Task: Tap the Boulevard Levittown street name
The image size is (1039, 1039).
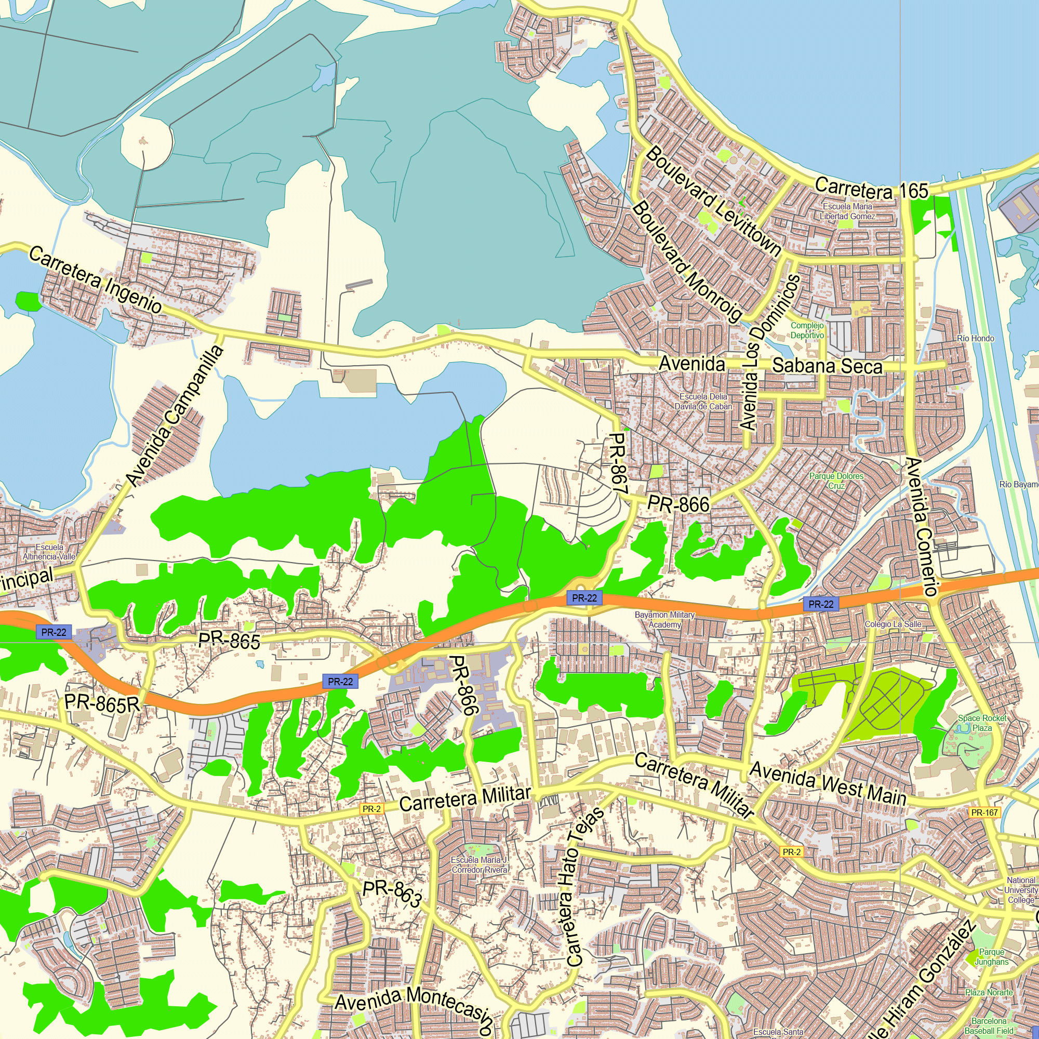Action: coord(713,202)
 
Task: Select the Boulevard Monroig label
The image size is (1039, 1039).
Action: coord(688,261)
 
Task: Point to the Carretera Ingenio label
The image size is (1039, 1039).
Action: coord(95,279)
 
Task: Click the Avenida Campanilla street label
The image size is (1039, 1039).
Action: coord(175,416)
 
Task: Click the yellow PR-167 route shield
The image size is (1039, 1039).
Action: coord(984,812)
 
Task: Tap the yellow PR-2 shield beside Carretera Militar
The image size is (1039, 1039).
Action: coord(371,809)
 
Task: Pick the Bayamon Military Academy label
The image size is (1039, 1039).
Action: coord(665,620)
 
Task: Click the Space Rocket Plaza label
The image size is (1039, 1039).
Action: coord(982,723)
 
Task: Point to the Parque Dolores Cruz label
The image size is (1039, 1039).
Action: coord(836,481)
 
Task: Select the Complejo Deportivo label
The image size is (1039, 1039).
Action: coord(807,330)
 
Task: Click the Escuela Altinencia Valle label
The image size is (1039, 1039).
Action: coord(49,552)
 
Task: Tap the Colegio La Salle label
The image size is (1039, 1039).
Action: coord(893,624)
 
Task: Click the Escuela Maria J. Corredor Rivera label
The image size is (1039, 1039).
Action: coord(479,865)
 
